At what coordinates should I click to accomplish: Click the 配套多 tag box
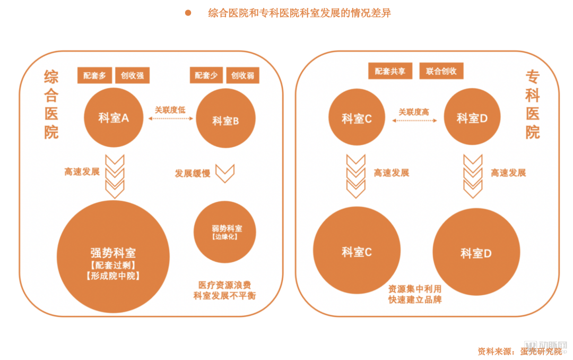tap(94, 75)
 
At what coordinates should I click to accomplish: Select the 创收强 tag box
tap(132, 75)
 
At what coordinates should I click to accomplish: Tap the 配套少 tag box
tap(206, 75)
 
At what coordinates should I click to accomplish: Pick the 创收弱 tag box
tap(242, 75)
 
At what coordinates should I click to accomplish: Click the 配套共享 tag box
tap(390, 71)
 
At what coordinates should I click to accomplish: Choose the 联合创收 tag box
tap(441, 71)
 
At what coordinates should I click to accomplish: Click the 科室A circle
tap(114, 117)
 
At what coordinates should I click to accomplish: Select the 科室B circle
tap(225, 118)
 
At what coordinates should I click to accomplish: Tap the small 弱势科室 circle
tap(225, 232)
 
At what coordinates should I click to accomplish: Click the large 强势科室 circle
tap(114, 256)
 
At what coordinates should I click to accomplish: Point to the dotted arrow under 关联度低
tap(171, 118)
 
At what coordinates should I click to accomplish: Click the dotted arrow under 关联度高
tap(414, 121)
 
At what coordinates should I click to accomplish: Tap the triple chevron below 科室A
tap(115, 176)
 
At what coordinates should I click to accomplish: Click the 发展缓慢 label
tap(193, 174)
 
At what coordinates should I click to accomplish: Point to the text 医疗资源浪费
tap(224, 285)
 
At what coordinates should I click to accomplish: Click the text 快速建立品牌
tap(415, 299)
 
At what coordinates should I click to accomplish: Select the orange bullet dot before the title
tap(188, 13)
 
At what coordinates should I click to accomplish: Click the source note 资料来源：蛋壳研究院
tap(519, 352)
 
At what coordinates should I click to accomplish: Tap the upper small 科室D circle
tap(472, 116)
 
